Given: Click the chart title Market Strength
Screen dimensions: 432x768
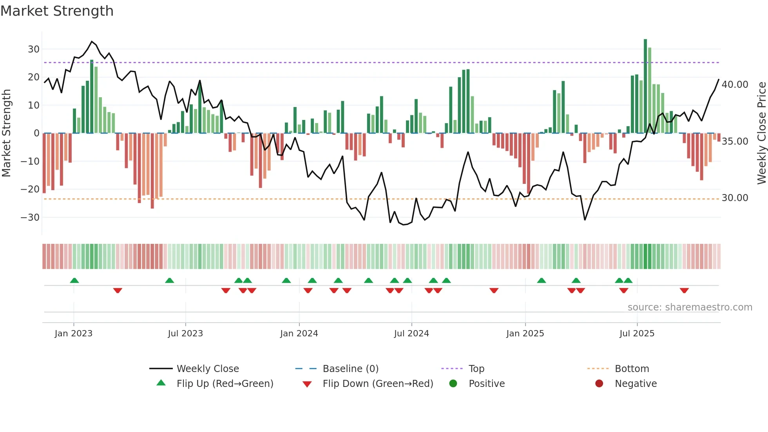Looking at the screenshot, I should coord(57,11).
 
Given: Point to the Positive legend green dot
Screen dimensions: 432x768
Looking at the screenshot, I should coord(453,383).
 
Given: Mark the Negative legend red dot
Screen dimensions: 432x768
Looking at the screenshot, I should coord(599,383).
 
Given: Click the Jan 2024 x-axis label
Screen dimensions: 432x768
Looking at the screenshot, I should coord(299,334).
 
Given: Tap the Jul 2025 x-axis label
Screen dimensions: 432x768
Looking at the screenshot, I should coord(637,334).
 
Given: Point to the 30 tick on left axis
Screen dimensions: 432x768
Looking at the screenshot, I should coord(34,49).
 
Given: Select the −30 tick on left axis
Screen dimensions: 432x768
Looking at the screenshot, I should coord(31,218).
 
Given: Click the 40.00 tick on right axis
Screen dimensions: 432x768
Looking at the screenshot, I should coord(735,85).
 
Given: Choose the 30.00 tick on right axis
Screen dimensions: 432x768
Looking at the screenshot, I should coord(735,198).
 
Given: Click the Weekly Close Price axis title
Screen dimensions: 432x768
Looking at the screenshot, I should coord(761,133).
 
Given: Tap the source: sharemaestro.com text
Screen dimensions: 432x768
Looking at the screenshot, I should coord(690,307).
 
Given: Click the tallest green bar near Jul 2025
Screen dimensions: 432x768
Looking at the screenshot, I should coord(645,86).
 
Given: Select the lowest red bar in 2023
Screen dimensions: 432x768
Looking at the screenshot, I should coord(152,171).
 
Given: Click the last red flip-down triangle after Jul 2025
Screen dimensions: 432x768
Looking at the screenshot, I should coord(684,290).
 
